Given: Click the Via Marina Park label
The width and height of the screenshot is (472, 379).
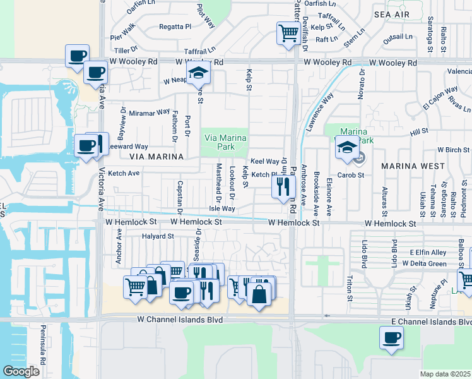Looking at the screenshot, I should tap(224, 142).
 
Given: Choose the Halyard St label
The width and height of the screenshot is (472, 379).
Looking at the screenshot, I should tap(158, 236).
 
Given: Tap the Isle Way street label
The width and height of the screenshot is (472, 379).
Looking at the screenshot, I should tap(222, 208).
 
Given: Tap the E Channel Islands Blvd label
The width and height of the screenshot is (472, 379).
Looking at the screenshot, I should tap(431, 322).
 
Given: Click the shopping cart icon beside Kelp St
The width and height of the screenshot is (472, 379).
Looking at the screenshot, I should tap(288, 33).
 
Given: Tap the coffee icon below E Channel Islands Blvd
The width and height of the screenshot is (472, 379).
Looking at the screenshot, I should tap(391, 338).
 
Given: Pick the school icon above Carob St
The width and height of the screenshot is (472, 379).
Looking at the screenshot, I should tap(347, 148).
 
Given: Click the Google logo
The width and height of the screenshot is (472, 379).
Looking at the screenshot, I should tap(21, 371).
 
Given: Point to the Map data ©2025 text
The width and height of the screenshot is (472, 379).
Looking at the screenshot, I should tap(445, 374).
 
